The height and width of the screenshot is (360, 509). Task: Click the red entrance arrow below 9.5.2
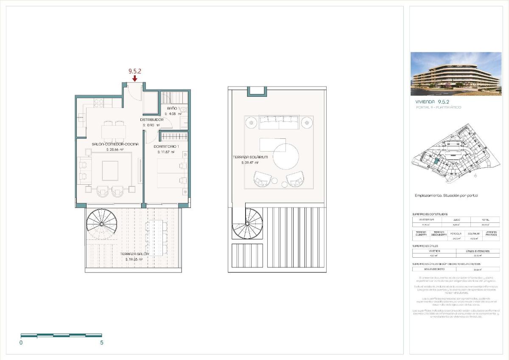134,79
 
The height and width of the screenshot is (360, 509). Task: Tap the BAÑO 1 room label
172,109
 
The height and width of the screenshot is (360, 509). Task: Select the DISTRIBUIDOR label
152,120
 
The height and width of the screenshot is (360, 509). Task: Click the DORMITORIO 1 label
166,146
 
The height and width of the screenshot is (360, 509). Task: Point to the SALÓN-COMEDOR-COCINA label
115,144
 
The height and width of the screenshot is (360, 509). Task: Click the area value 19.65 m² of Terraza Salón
134,259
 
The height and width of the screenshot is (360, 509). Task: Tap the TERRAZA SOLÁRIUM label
250,157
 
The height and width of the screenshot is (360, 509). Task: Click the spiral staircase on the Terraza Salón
101,224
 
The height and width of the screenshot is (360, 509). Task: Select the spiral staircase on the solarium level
247,223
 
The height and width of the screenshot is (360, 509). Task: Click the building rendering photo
456,74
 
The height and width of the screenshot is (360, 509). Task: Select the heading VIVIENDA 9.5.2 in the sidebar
432,102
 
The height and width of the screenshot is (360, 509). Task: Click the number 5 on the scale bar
102,343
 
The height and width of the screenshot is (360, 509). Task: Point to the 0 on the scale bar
21,343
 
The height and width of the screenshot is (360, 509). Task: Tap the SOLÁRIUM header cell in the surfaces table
473,233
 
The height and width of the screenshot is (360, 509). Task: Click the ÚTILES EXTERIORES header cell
477,251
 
